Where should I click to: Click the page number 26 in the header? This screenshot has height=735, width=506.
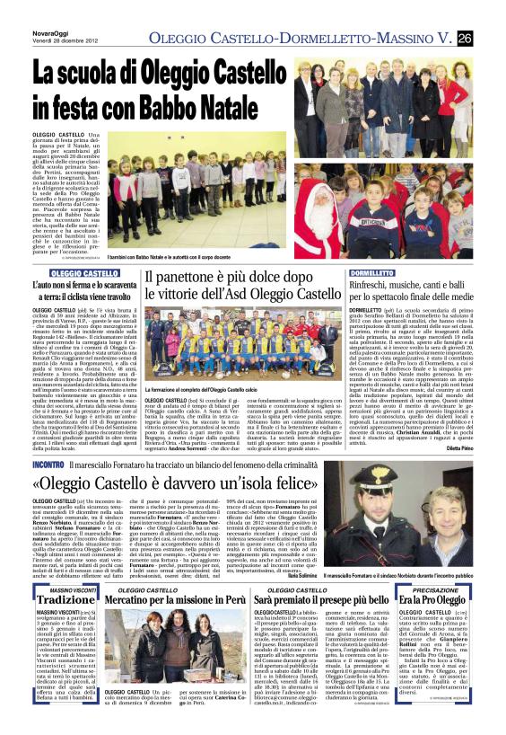[x=490, y=38]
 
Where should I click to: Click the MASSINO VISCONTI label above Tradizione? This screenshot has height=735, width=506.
[x=66, y=589]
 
